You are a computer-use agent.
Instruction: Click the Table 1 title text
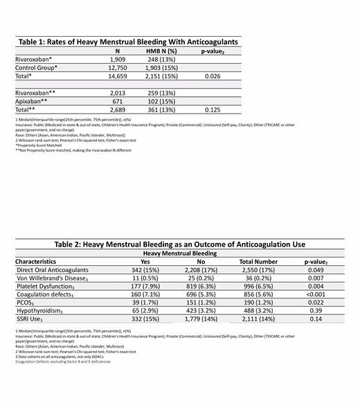[128, 42]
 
